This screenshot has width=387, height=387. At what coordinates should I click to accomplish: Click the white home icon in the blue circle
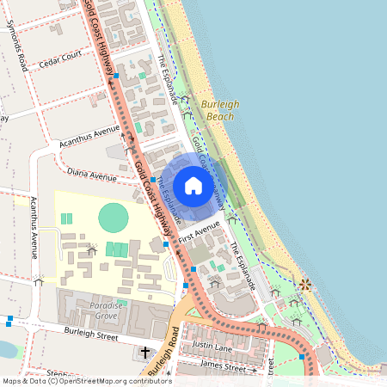coord(193,186)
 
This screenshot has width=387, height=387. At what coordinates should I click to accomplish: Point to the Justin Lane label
coord(213,346)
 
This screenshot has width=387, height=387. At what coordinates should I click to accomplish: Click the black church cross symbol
coord(145,352)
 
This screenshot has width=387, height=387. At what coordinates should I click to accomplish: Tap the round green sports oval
coord(113,217)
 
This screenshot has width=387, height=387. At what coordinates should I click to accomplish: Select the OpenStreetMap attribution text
coord(86,381)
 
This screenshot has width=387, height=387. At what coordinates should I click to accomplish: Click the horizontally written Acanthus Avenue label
coord(95,134)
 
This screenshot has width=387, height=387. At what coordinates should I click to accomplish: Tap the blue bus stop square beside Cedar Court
coord(116,76)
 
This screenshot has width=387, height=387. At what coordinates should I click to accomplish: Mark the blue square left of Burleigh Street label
coord(9,320)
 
